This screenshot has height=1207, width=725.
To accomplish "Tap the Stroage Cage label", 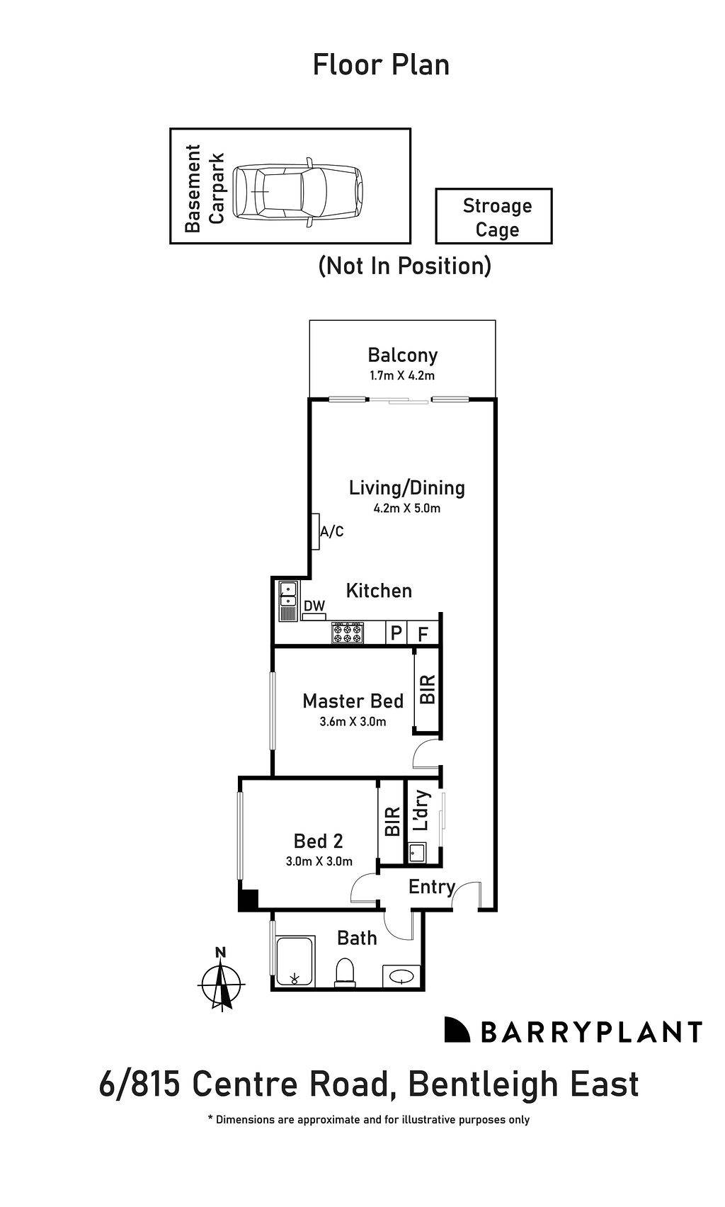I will click(x=496, y=217).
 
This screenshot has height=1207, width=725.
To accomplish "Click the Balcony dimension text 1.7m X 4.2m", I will click(x=402, y=375).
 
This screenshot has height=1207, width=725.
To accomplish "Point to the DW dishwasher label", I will click(x=314, y=606).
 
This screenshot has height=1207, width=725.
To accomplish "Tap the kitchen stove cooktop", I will click(x=348, y=633).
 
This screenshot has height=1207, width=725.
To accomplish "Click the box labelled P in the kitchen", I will click(x=396, y=633).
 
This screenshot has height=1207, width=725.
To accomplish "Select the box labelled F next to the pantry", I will click(x=423, y=633).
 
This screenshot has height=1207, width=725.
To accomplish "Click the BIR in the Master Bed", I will click(x=427, y=689).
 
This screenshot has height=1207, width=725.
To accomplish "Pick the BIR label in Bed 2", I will click(x=392, y=822).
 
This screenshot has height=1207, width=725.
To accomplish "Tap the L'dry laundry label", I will click(x=421, y=810).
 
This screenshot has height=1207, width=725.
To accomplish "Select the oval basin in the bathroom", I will click(x=401, y=977).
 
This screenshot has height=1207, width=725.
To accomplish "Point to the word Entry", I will click(x=431, y=887).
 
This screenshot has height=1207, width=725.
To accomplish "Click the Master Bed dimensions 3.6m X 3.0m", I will click(x=353, y=722).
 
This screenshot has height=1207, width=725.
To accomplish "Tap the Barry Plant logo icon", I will click(x=457, y=1031).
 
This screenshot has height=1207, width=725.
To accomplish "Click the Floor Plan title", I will click(x=381, y=65).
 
